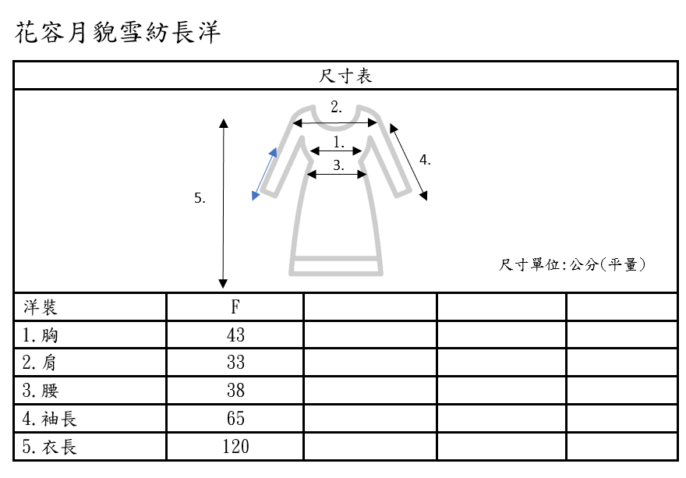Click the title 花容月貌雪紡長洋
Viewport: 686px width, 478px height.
coord(118,33)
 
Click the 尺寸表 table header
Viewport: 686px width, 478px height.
coord(345,76)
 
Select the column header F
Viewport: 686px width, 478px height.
coord(235,307)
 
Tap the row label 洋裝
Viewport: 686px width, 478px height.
coord(40,307)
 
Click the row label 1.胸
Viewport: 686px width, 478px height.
coord(40,335)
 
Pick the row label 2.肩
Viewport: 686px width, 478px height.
coord(40,363)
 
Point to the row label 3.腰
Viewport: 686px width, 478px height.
coord(40,391)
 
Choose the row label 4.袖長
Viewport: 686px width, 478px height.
coord(49,419)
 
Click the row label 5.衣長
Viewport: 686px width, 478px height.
coord(49,447)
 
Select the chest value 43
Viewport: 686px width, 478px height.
coord(235,335)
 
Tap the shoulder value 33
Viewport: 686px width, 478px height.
coord(235,363)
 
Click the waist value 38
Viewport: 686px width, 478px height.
coord(235,391)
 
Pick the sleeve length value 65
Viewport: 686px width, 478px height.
coord(235,419)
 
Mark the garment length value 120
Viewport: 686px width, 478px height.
coord(235,447)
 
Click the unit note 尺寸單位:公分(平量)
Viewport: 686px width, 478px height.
coord(573,265)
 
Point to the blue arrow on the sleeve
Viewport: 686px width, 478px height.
coord(264,172)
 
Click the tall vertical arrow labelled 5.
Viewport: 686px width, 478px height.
coord(224,203)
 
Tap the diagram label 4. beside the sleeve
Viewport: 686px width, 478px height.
coord(425,160)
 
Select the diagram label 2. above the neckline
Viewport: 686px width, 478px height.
coord(336,108)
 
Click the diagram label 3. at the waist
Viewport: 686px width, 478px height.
coord(338,165)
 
